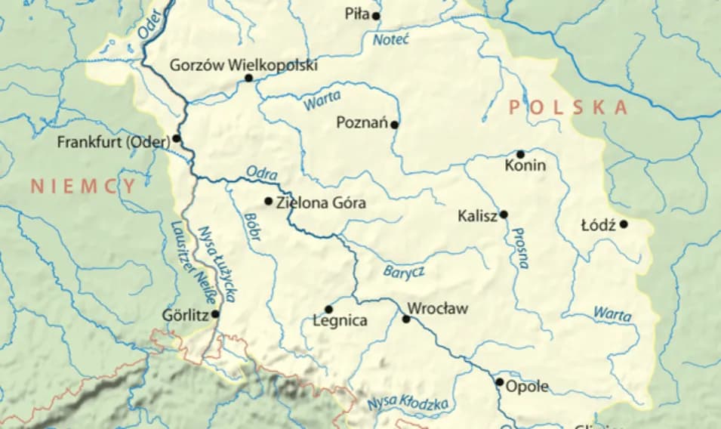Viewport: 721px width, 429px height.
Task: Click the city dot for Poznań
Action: (x=395, y=124)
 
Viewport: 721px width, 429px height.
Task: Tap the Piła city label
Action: (x=356, y=14)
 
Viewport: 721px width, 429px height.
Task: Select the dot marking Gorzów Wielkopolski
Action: (x=248, y=78)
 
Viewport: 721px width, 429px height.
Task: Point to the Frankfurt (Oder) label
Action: (x=113, y=141)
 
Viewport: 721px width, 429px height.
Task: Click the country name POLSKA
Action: (x=568, y=108)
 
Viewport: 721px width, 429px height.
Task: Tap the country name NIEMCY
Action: (x=83, y=187)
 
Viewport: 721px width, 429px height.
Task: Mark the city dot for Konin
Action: (x=520, y=154)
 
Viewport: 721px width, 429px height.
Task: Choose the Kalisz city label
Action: (x=477, y=217)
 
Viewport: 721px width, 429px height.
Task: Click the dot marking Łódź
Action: (x=624, y=224)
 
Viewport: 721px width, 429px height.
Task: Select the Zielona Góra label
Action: (x=322, y=202)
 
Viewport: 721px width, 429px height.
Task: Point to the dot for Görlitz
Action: (x=216, y=314)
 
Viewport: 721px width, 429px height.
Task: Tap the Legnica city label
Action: (x=340, y=321)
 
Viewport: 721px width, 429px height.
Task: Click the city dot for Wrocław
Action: (x=406, y=319)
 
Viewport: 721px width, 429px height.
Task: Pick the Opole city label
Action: (x=527, y=387)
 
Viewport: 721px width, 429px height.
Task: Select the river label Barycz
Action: (x=404, y=271)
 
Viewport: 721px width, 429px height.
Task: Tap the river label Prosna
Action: (x=519, y=248)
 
